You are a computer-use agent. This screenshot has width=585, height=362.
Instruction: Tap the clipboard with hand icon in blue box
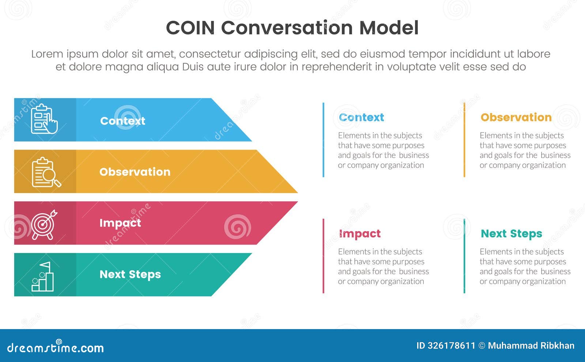pyautogui.click(x=44, y=119)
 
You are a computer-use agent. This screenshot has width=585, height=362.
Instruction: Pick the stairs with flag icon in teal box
pyautogui.click(x=43, y=277)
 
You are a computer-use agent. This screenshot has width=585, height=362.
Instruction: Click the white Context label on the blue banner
pyautogui.click(x=122, y=121)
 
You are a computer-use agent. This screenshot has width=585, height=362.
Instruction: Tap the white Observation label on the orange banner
pyautogui.click(x=135, y=172)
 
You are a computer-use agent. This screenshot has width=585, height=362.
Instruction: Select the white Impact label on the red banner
pyautogui.click(x=120, y=223)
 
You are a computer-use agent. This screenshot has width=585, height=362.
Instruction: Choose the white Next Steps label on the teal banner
pyautogui.click(x=130, y=274)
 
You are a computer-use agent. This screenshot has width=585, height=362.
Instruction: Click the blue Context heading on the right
pyautogui.click(x=361, y=117)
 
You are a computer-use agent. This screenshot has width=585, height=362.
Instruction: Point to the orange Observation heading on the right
pyautogui.click(x=516, y=117)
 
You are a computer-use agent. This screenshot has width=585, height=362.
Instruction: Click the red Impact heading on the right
pyautogui.click(x=360, y=234)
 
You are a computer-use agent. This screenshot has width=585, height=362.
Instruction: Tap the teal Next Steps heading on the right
pyautogui.click(x=511, y=234)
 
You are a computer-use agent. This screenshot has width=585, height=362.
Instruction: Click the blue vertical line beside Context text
pyautogui.click(x=323, y=140)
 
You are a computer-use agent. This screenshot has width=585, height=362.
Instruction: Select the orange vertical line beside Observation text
pyautogui.click(x=464, y=140)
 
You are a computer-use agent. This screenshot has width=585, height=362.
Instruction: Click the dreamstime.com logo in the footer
pyautogui.click(x=55, y=347)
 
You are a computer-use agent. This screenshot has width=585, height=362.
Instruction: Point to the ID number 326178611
pyautogui.click(x=451, y=346)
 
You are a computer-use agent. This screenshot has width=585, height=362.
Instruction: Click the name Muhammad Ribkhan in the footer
pyautogui.click(x=531, y=346)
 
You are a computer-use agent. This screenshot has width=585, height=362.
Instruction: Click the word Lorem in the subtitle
pyautogui.click(x=47, y=54)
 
